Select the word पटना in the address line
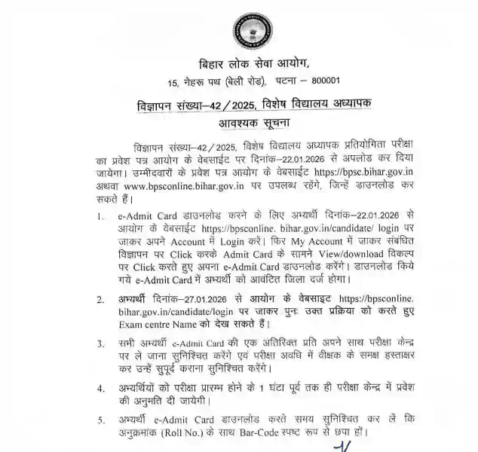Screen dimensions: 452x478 [x=271, y=81]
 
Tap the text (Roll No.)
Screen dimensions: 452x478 [x=194, y=435]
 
